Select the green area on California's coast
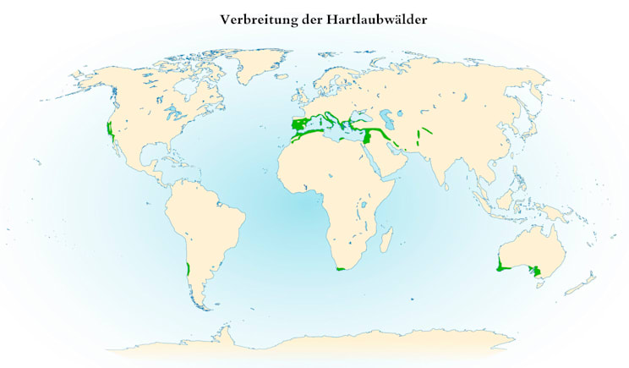[110, 130]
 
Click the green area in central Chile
[187, 269]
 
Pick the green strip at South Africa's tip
[341, 270]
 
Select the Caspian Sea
[391, 121]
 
